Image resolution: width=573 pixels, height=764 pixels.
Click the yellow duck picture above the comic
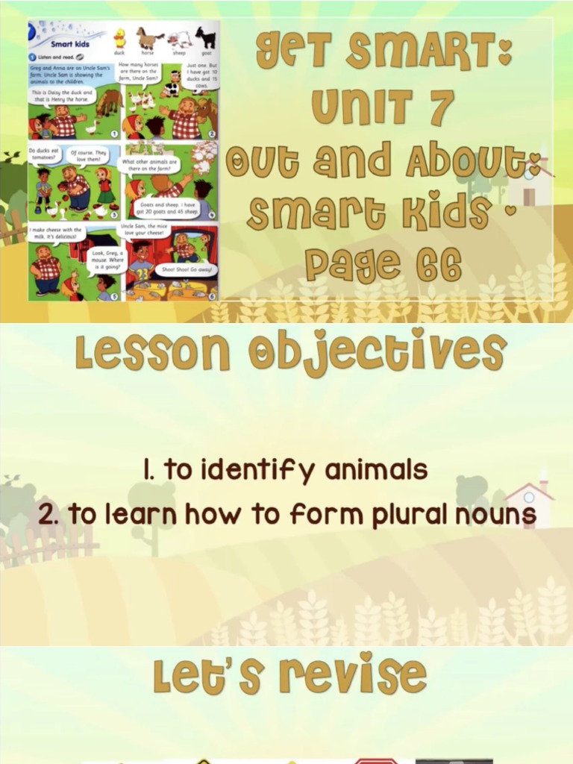click(119, 38)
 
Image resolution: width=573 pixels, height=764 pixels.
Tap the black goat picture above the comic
click(205, 38)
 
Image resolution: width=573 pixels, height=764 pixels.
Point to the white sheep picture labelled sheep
click(178, 40)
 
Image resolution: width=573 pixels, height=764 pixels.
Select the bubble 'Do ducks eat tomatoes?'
click(46, 154)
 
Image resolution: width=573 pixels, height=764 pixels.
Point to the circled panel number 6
click(212, 295)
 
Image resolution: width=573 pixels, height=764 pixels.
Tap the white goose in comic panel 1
click(90, 128)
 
